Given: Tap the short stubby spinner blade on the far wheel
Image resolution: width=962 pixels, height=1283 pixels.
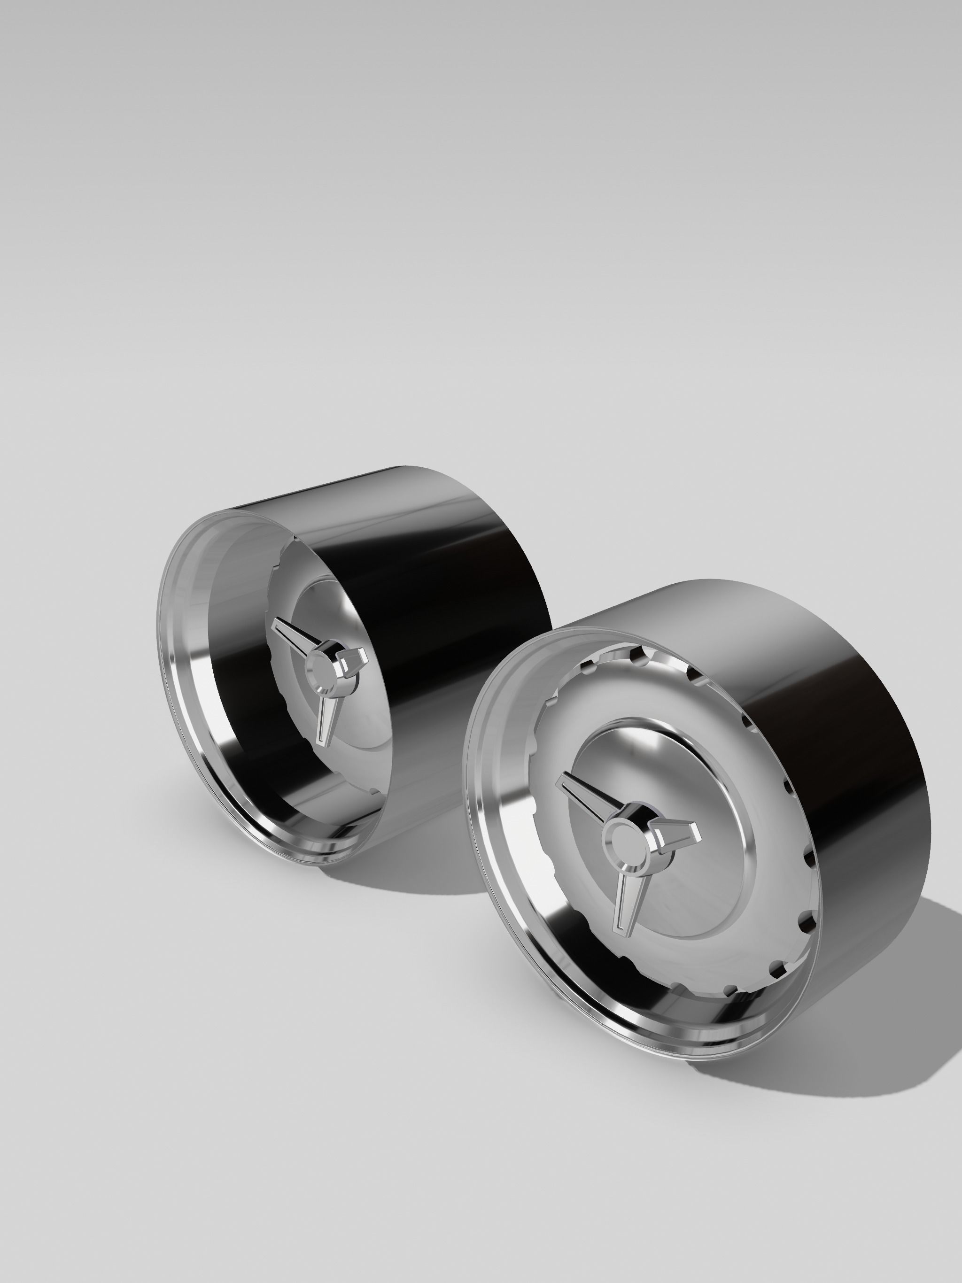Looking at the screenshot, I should click(x=354, y=658).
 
